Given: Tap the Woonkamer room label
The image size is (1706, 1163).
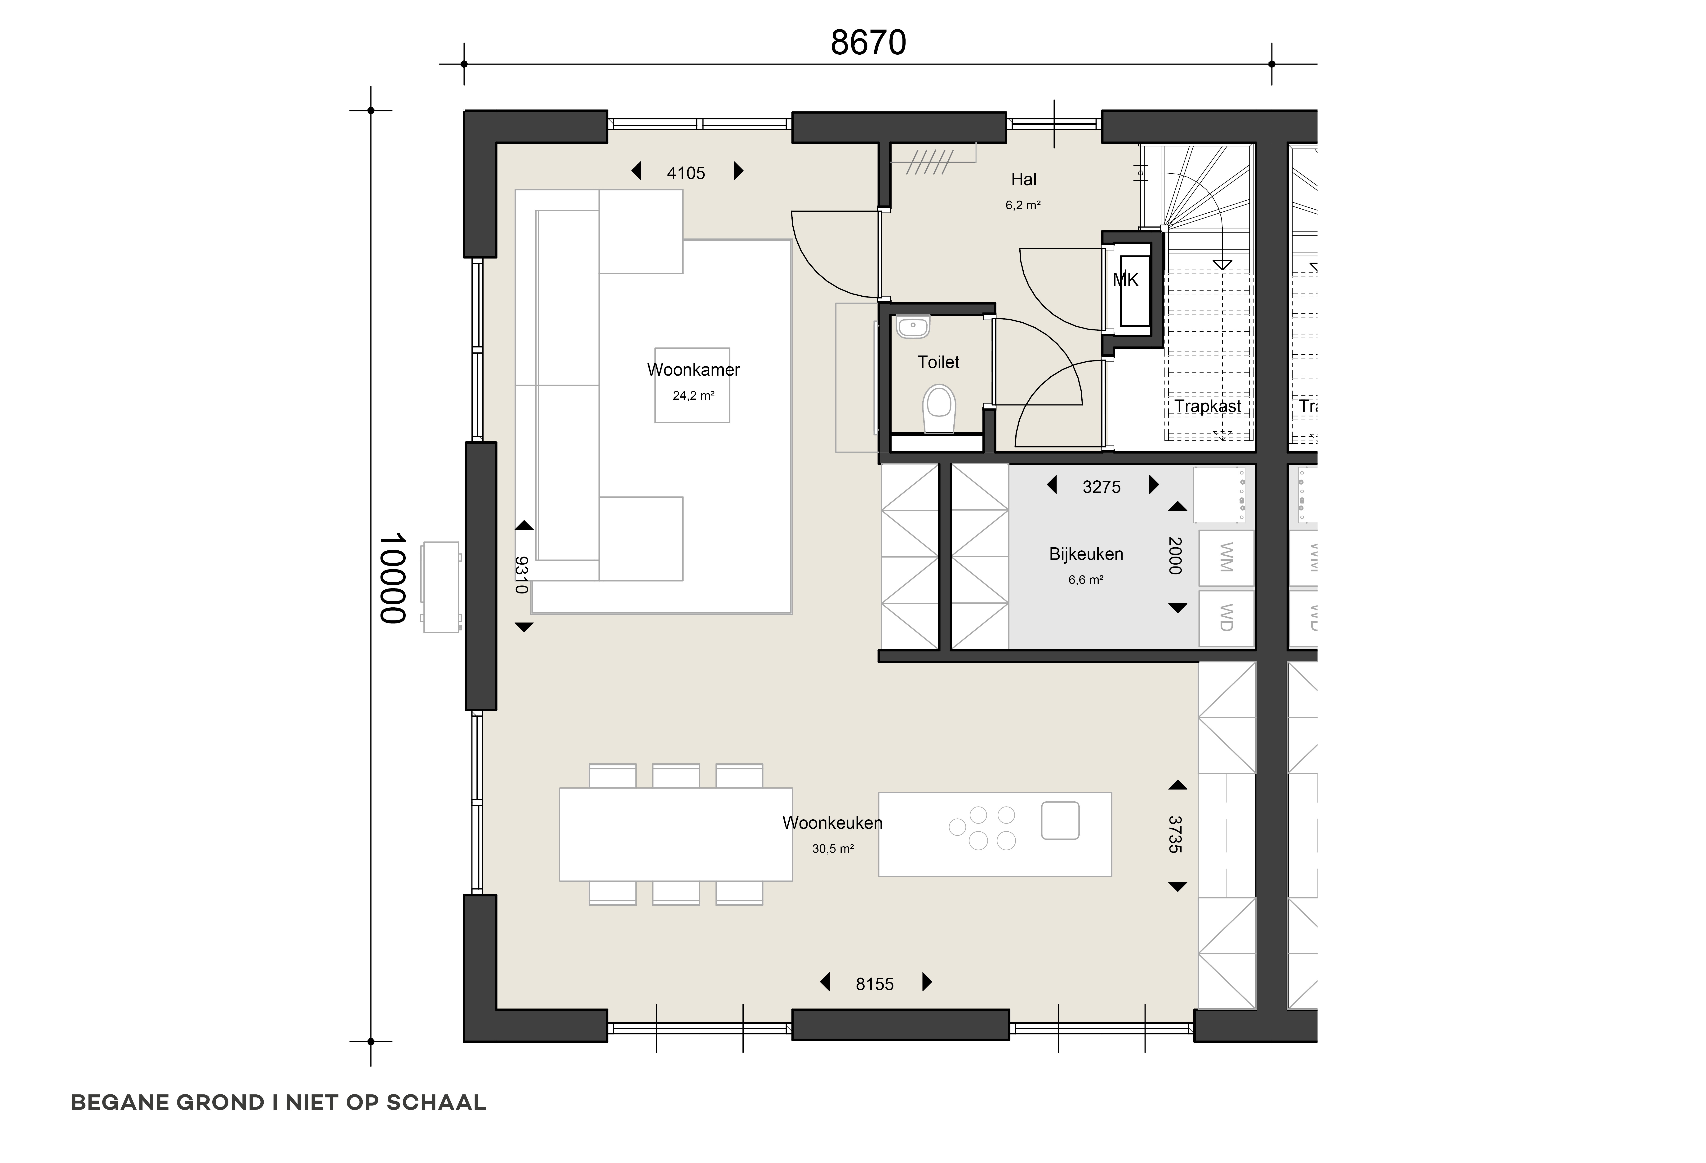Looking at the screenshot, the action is coord(694,370).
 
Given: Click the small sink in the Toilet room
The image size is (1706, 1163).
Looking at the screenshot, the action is coord(912,327).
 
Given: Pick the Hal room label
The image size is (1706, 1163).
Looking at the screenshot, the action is coord(1024,179).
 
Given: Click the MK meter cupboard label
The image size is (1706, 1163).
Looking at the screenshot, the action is coord(1125,280).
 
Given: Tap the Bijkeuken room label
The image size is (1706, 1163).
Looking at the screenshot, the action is coord(1086,554).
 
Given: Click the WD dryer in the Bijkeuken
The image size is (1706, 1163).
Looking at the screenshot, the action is coord(1226,619).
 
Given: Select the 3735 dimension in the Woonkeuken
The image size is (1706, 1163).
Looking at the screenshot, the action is coord(1175,834).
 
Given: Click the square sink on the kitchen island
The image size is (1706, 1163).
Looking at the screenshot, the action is coord(1060,820).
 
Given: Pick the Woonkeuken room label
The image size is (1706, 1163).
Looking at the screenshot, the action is coord(832,823).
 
